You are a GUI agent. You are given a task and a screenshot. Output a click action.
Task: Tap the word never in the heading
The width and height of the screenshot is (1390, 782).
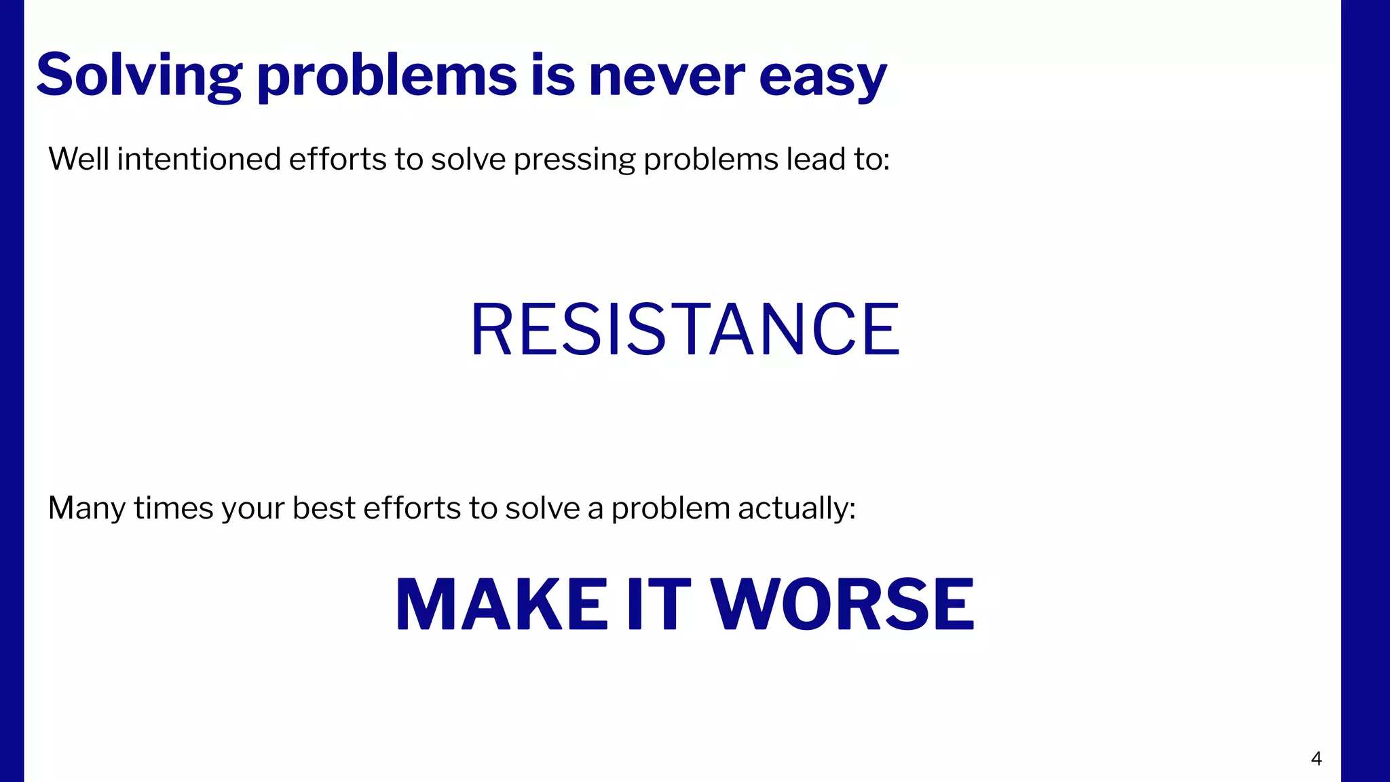tap(666, 76)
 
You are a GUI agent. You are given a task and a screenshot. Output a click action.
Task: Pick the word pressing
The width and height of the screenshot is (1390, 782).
tap(574, 160)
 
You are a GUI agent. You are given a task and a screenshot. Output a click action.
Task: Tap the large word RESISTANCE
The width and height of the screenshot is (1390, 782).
tap(685, 329)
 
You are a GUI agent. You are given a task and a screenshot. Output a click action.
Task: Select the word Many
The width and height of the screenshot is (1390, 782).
tap(86, 508)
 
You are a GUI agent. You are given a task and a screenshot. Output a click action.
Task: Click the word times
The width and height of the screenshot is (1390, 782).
tap(174, 508)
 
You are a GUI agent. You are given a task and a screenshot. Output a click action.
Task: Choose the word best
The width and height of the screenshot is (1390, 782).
tap(324, 508)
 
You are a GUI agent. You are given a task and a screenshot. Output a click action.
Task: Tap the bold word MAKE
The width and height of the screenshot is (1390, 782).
tap(501, 604)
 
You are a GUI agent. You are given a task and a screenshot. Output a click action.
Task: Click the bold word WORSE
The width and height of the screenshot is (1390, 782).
tap(842, 604)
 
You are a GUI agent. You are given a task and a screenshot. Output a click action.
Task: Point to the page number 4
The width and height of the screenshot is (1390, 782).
tap(1316, 759)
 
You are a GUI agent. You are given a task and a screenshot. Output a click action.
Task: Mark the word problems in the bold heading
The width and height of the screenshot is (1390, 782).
tap(387, 76)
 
